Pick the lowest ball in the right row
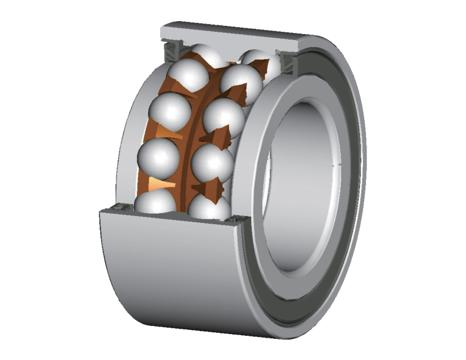pyautogui.click(x=209, y=208)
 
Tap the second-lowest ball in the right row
pyautogui.click(x=213, y=164)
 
